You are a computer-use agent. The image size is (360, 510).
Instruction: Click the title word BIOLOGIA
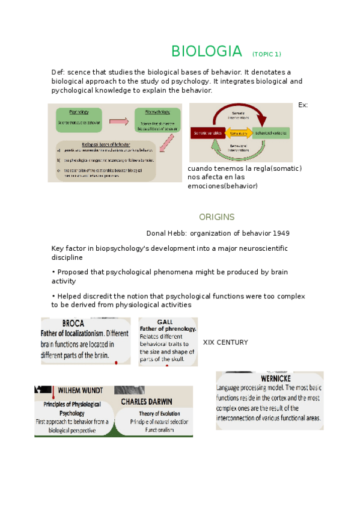tap(207, 51)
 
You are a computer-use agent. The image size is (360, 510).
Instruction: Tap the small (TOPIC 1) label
tap(266, 54)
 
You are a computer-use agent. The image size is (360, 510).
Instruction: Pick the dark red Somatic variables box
tap(208, 132)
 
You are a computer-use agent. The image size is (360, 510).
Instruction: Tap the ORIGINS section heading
tap(216, 217)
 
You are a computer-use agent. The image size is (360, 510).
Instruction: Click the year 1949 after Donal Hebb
tap(284, 233)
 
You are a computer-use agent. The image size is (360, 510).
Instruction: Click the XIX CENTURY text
tap(225, 342)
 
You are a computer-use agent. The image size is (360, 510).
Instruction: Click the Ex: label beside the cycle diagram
tap(302, 105)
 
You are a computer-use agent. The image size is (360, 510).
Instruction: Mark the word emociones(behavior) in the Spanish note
tap(222, 186)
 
